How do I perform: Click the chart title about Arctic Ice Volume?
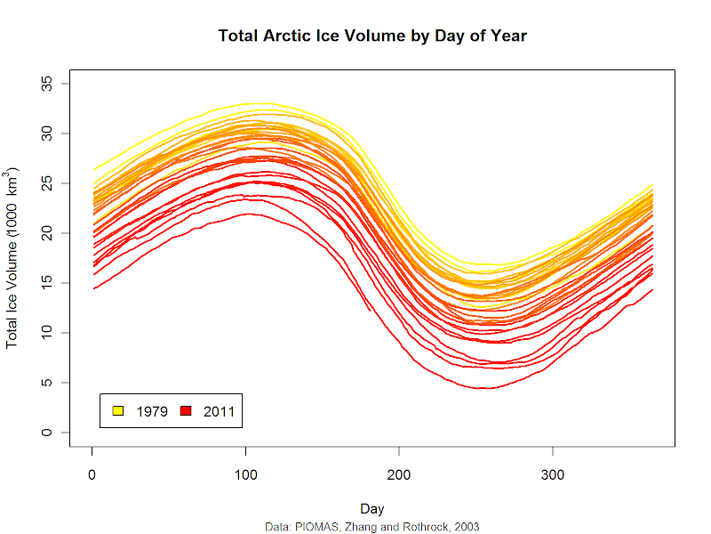[372, 36]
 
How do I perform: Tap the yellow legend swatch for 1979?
[117, 411]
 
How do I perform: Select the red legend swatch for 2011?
[186, 411]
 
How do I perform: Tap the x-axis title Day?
[372, 508]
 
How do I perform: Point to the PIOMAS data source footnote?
[372, 527]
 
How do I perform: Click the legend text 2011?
[218, 411]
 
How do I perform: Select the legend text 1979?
[151, 411]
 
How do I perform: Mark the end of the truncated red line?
[371, 310]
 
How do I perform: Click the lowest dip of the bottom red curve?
[481, 389]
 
